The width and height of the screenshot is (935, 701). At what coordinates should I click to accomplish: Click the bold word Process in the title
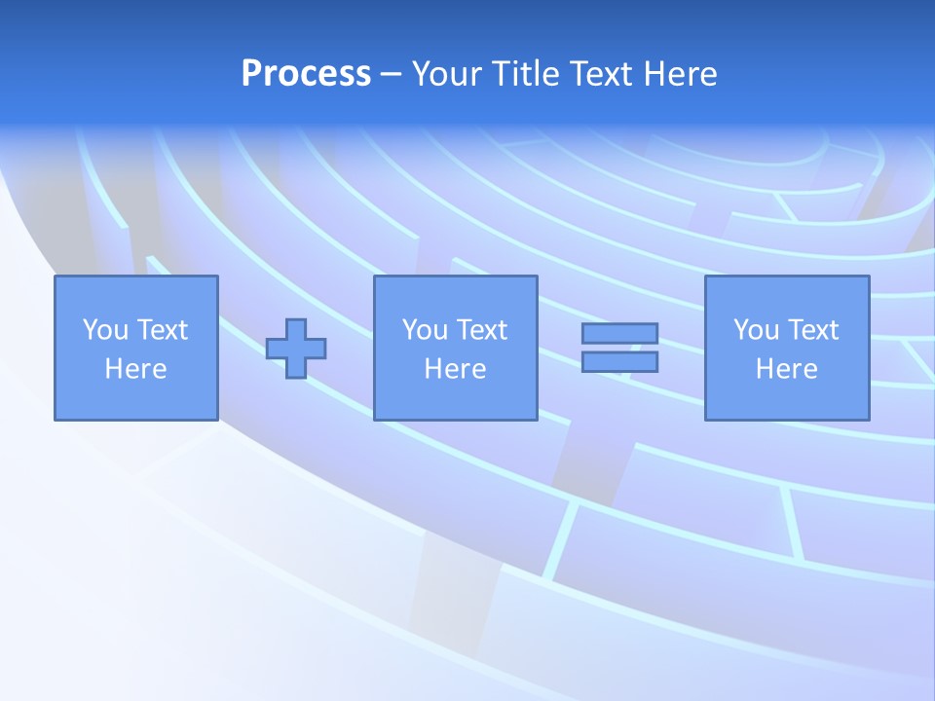point(306,74)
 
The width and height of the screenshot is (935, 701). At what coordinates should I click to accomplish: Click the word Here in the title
point(680,74)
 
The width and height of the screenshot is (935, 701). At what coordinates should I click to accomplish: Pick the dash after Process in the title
point(391,76)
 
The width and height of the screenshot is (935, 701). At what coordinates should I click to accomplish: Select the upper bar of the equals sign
point(619,334)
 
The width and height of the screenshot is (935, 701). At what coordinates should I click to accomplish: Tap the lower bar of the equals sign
point(619,362)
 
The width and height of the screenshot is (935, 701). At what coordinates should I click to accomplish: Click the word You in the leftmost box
point(104,330)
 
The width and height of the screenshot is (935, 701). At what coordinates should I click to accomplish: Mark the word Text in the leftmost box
point(162,330)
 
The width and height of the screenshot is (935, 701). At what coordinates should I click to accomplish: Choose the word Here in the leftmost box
point(135,369)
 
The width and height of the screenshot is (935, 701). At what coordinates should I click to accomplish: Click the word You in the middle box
point(424,330)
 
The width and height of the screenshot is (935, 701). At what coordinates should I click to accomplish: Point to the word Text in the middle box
point(481,330)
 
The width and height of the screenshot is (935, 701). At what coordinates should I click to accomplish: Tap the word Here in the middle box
point(455,369)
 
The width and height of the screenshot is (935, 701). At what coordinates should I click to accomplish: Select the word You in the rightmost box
point(755,330)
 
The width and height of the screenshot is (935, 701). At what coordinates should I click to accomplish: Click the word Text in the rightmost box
point(812,330)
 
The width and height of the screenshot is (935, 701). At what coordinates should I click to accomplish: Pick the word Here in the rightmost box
point(786,369)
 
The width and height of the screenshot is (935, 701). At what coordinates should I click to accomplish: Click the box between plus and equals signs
point(455,399)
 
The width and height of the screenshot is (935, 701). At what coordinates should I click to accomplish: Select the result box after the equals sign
point(786,399)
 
